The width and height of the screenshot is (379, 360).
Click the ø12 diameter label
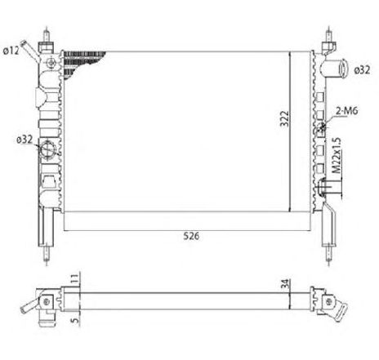coord(11,51)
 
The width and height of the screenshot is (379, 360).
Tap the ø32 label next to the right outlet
coord(363,70)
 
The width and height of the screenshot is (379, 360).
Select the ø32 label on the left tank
coord(24,140)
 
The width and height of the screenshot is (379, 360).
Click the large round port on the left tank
coord(47,149)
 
